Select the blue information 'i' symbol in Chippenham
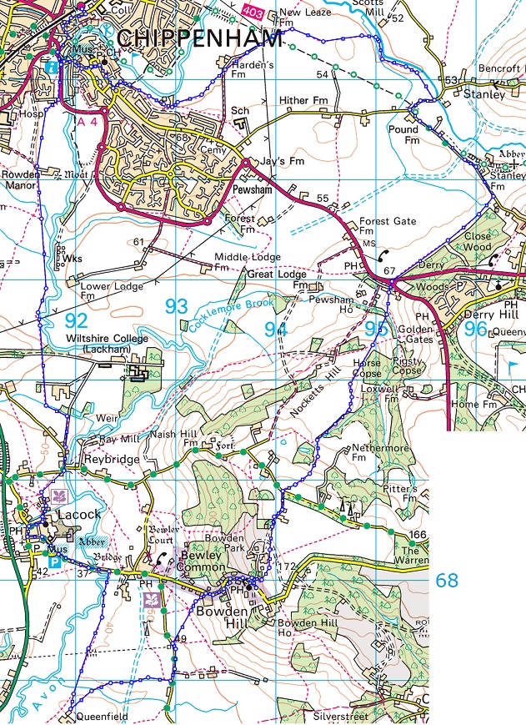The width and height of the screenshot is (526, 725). (x=53, y=65)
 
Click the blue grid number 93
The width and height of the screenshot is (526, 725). (x=176, y=307)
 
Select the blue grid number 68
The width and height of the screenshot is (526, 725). (x=447, y=580)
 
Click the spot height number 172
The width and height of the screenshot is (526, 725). (x=287, y=567)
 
